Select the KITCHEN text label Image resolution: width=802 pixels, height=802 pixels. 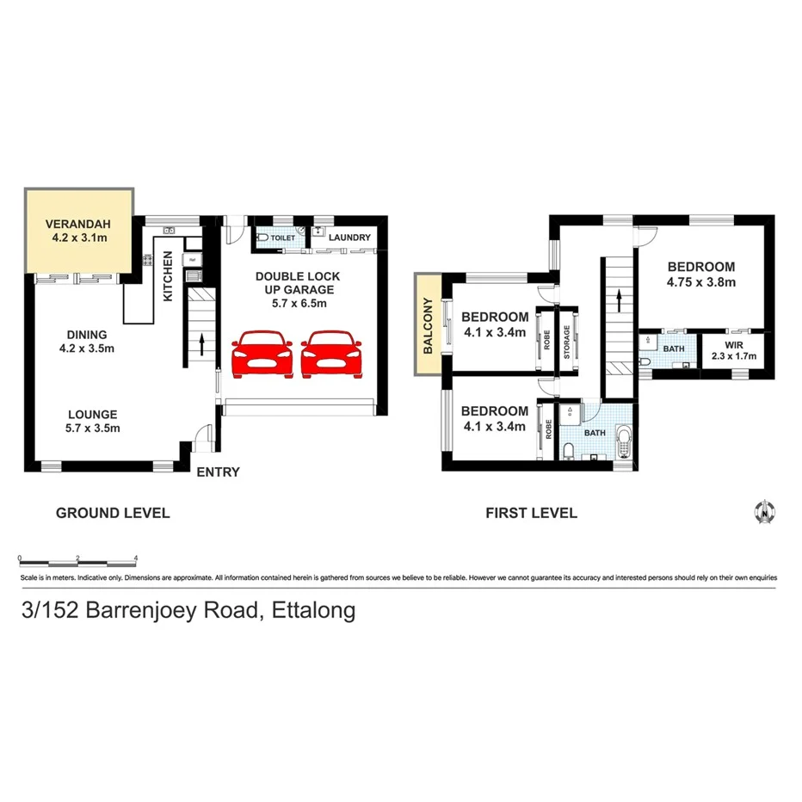coord(168,276)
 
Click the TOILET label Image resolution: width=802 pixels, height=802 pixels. coord(283,238)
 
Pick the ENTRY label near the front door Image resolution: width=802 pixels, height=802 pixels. coord(218,472)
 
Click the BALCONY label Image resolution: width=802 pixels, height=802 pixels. coord(427,325)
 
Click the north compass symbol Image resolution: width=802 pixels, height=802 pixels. coord(762,511)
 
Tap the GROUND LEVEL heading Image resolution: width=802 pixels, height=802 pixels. coord(113,513)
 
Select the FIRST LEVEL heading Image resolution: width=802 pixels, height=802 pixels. coord(531,513)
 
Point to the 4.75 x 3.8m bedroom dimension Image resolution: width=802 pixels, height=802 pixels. coord(701,281)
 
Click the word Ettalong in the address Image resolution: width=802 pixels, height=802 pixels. coord(313,612)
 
